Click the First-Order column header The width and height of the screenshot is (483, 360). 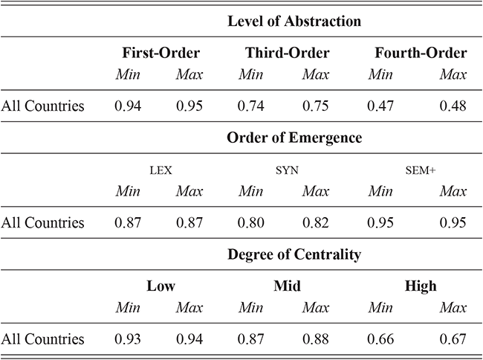pos(161,53)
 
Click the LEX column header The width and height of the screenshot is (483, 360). pos(161,170)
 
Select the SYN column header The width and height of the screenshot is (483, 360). pos(285,170)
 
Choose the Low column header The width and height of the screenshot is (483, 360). pos(161,286)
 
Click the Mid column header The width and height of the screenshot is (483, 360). pos(285,286)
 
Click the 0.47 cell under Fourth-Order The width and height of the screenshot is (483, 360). pos(381,106)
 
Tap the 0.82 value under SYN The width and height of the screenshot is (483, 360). pos(316,222)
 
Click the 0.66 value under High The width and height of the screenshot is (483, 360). pos(381,339)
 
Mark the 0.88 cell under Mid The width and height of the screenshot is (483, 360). pos(316,339)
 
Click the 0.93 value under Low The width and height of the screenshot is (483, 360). pos(129,339)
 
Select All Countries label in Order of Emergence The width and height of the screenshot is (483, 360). pos(42,222)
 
